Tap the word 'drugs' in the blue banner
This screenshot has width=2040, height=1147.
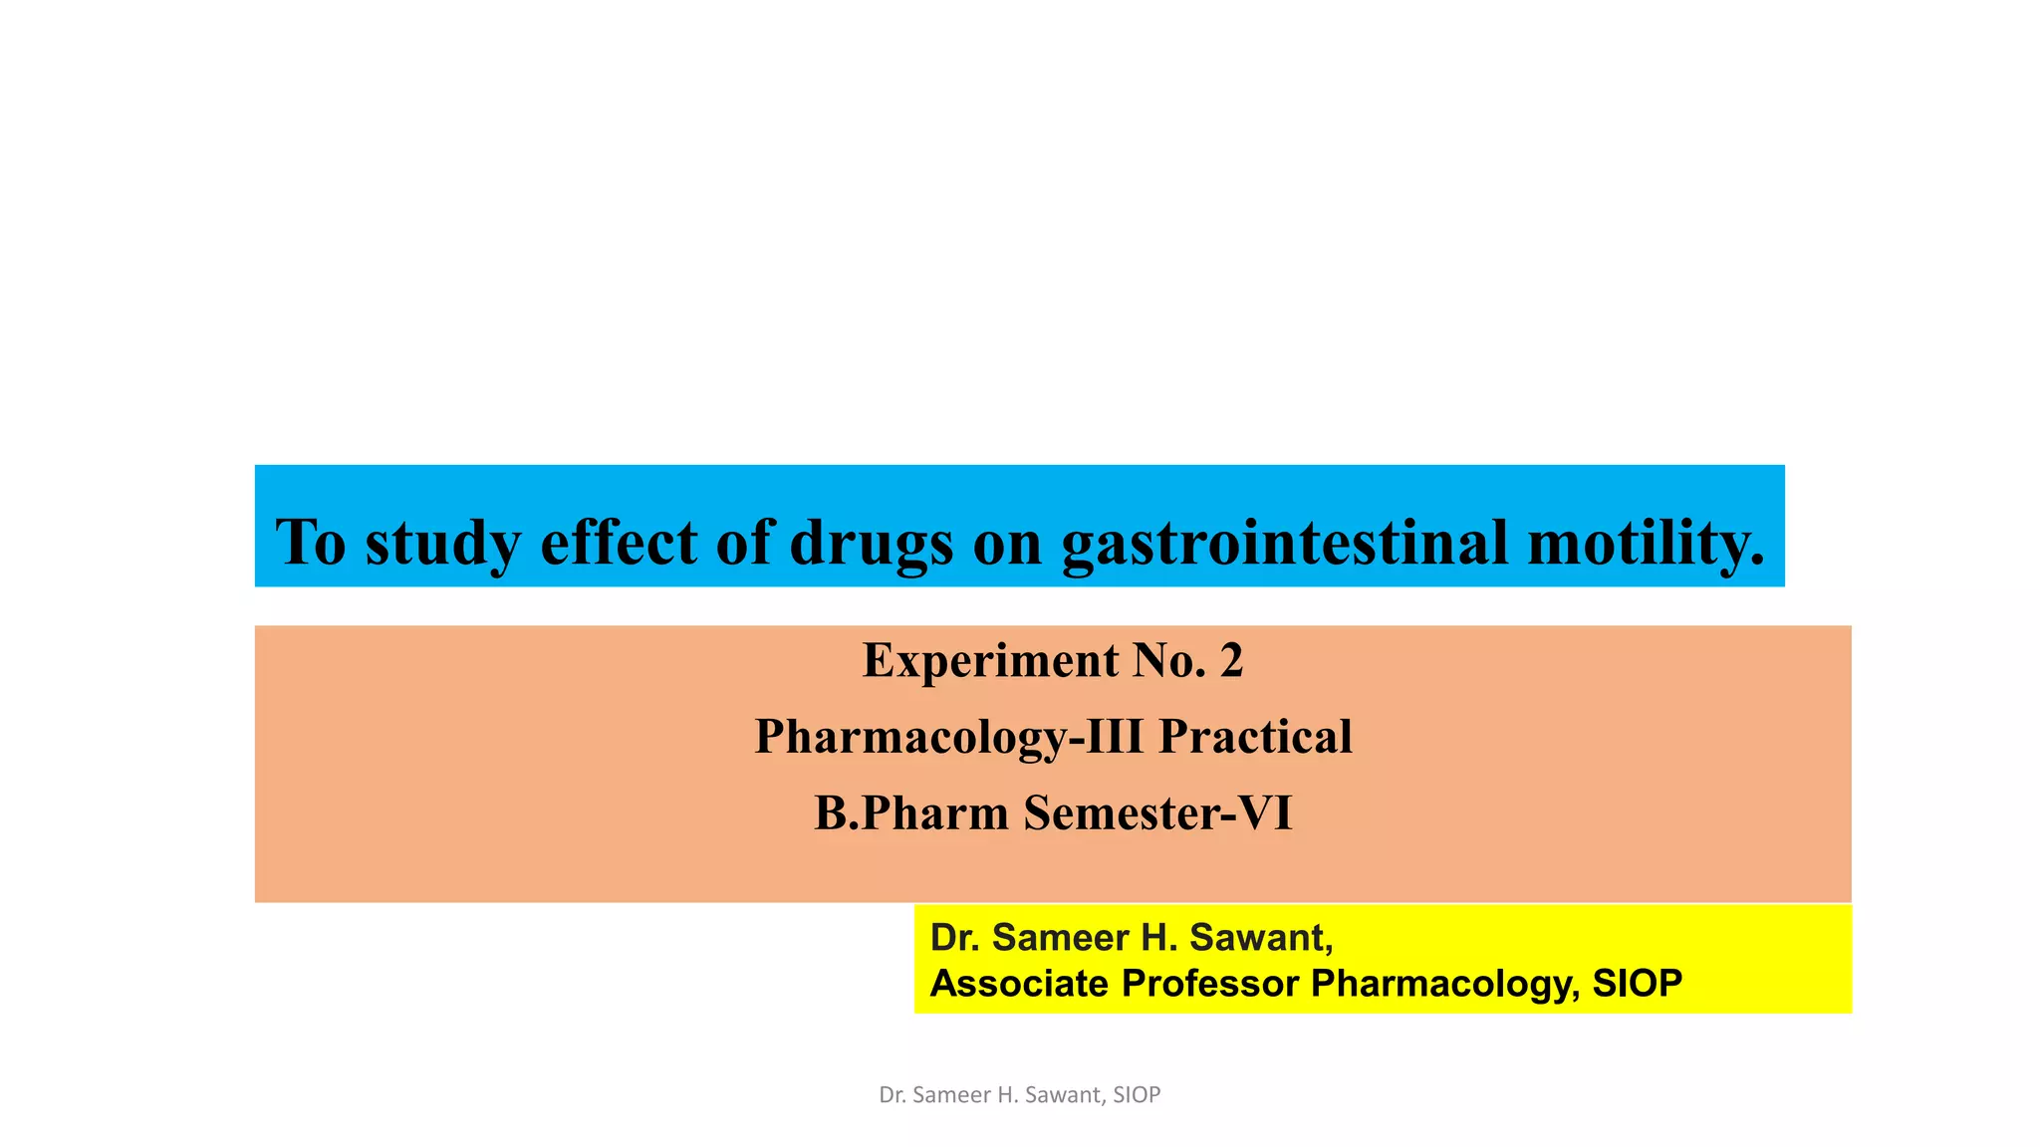(872, 544)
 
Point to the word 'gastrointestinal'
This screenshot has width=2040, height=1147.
(1284, 544)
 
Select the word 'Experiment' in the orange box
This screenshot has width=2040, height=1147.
(990, 661)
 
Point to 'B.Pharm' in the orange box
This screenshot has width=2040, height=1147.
(911, 813)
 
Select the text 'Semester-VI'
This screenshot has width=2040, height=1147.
(1157, 813)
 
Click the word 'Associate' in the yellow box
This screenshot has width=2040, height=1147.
(1019, 984)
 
